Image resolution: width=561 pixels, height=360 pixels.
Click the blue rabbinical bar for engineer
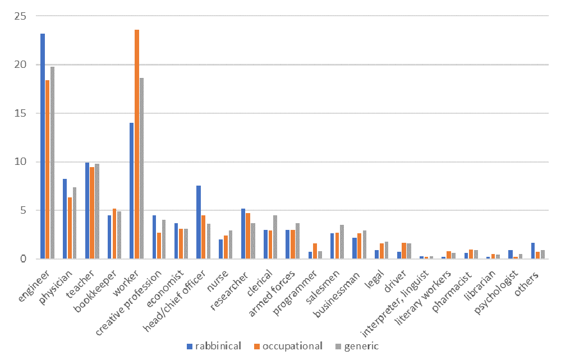(43, 146)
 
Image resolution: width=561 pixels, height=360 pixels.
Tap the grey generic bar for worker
(141, 168)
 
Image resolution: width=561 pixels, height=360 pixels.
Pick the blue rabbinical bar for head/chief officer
(199, 222)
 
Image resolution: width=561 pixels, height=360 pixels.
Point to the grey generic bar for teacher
(96, 211)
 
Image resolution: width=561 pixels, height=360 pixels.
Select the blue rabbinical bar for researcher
(243, 233)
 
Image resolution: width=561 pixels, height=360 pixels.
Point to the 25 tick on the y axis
(21, 16)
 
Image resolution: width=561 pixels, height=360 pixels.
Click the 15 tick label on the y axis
(21, 113)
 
